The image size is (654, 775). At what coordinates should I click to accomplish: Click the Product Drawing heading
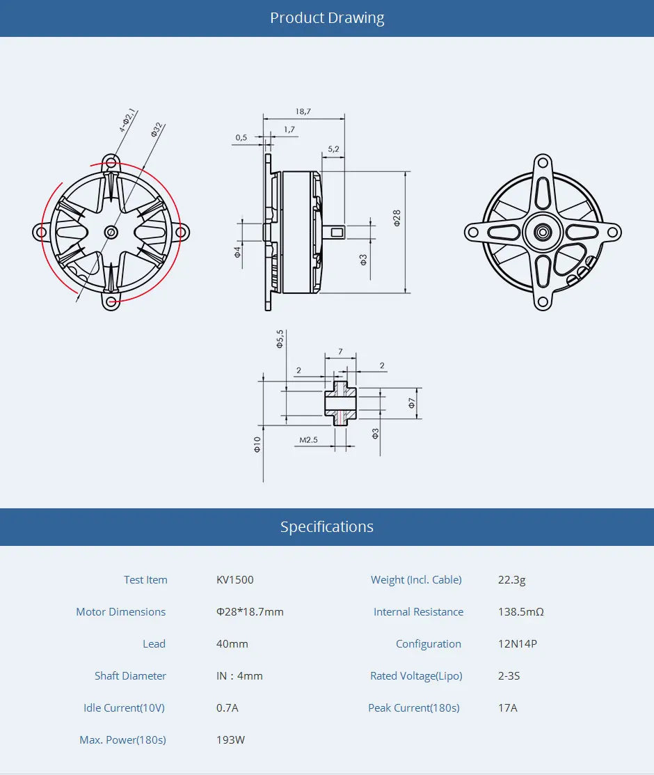click(327, 18)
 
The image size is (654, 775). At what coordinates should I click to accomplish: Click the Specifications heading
click(327, 527)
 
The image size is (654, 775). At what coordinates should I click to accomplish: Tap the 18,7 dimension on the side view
click(303, 111)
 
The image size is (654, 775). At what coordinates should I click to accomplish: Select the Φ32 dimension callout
click(157, 130)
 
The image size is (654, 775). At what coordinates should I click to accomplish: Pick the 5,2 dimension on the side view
click(333, 149)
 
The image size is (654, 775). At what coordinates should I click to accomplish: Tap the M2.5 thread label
click(308, 440)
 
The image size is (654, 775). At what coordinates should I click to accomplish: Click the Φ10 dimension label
click(257, 444)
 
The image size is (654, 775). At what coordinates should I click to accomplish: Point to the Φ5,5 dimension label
click(280, 338)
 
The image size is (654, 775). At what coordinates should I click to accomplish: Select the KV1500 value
click(235, 580)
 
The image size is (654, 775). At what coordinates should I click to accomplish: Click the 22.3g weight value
click(512, 580)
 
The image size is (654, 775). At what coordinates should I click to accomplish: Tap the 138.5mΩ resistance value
click(521, 612)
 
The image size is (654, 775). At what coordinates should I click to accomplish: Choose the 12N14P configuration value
click(518, 644)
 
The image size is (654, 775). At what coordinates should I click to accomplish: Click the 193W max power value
click(231, 740)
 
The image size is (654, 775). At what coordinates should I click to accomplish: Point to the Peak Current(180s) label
click(414, 708)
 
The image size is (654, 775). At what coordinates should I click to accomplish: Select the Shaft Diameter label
click(130, 676)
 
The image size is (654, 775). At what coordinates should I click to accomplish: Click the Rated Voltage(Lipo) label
click(416, 676)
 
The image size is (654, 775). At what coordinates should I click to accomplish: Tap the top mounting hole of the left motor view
click(111, 163)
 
